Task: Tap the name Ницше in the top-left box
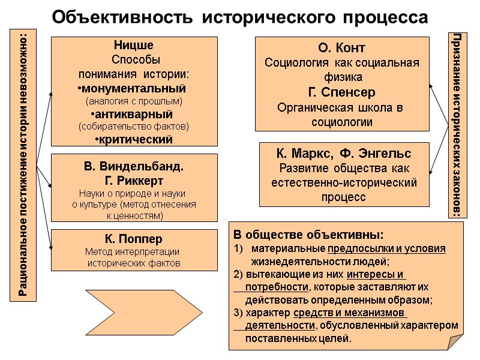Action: coord(133,46)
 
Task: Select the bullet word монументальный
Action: coord(133,88)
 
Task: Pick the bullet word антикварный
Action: coord(133,114)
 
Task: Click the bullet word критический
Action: coord(134,140)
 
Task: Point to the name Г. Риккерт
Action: coord(133,180)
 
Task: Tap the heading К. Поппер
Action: coord(133,239)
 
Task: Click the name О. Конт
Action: coord(341,47)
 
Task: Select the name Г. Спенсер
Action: coord(342,93)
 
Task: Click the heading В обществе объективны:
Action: coord(308,234)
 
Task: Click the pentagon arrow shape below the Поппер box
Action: coord(133,313)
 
